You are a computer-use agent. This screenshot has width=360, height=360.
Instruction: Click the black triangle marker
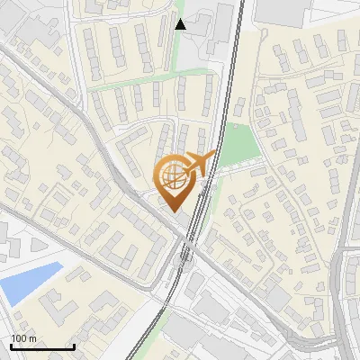click(181, 24)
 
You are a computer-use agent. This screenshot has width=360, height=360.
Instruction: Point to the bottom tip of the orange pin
click(174, 212)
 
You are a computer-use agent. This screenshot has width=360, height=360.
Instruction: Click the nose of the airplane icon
click(215, 155)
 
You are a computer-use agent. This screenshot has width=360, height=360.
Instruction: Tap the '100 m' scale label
click(23, 338)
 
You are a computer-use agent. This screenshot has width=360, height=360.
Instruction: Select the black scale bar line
click(42, 346)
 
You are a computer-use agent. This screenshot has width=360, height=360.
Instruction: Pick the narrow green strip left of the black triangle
click(174, 54)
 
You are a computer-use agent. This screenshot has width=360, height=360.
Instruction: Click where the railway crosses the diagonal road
click(188, 253)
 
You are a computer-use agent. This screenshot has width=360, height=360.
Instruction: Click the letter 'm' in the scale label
click(31, 338)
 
